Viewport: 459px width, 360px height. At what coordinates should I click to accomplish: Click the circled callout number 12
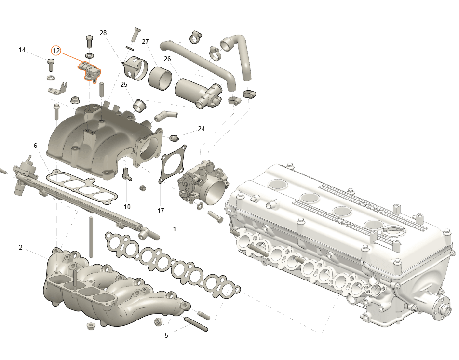[x=56, y=51]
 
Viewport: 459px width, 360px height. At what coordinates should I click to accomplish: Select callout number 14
[x=22, y=50]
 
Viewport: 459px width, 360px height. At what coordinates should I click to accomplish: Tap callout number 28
[x=103, y=33]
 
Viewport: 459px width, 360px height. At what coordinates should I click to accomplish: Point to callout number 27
[x=145, y=41]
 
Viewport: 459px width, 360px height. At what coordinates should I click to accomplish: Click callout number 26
[x=167, y=59]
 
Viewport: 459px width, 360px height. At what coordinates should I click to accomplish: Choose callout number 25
[x=124, y=85]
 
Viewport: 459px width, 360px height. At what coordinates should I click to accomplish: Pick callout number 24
[x=201, y=129]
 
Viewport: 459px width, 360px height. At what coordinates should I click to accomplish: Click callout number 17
[x=161, y=211]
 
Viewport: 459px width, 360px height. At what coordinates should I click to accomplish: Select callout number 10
[x=127, y=207]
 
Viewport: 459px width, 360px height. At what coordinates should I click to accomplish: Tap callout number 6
[x=35, y=146]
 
